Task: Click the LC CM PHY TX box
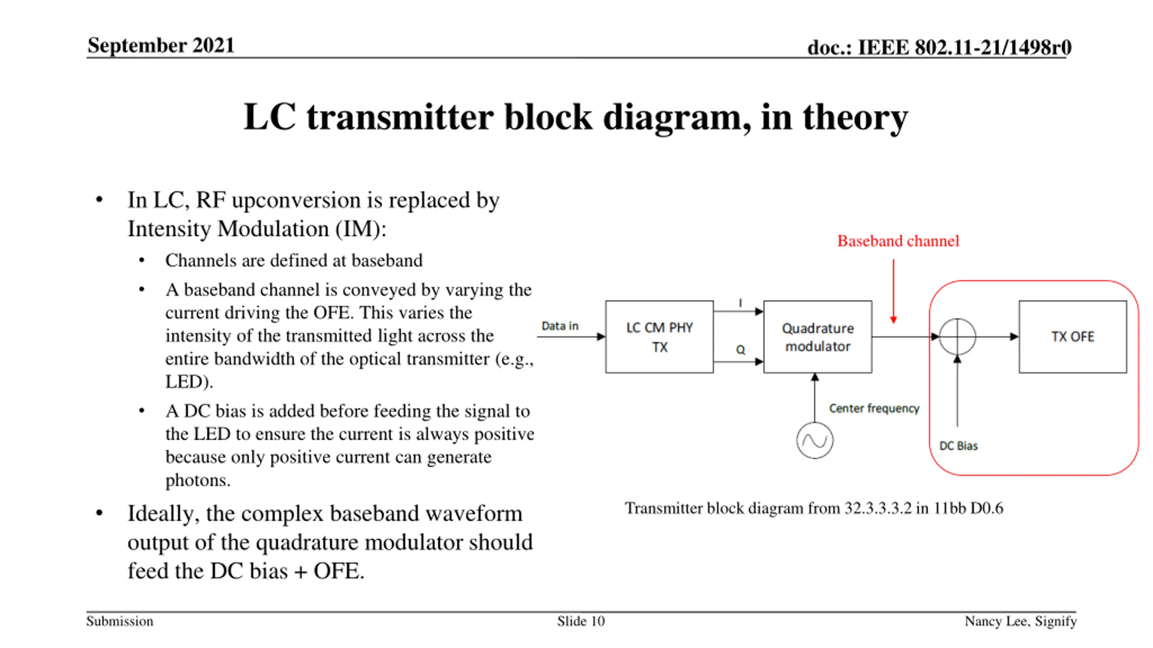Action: [659, 337]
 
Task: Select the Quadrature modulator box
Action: [817, 337]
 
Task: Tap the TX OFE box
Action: [1072, 337]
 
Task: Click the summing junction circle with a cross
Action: [958, 337]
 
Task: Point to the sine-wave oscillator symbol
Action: [814, 441]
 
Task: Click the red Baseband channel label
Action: [898, 241]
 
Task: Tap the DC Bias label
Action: [958, 446]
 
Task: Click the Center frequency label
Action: [874, 408]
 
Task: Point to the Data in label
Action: [559, 326]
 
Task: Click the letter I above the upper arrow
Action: [740, 303]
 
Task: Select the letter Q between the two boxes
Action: [740, 350]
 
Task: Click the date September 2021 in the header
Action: [161, 45]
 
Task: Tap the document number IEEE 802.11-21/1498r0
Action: [939, 47]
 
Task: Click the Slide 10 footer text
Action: [581, 621]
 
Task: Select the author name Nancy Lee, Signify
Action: [1020, 621]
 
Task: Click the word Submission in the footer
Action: [120, 621]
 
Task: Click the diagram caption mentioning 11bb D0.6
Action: [813, 508]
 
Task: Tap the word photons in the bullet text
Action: [197, 481]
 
